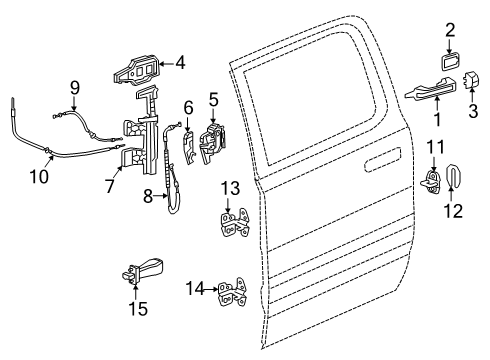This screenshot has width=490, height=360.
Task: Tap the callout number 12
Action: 459,210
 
